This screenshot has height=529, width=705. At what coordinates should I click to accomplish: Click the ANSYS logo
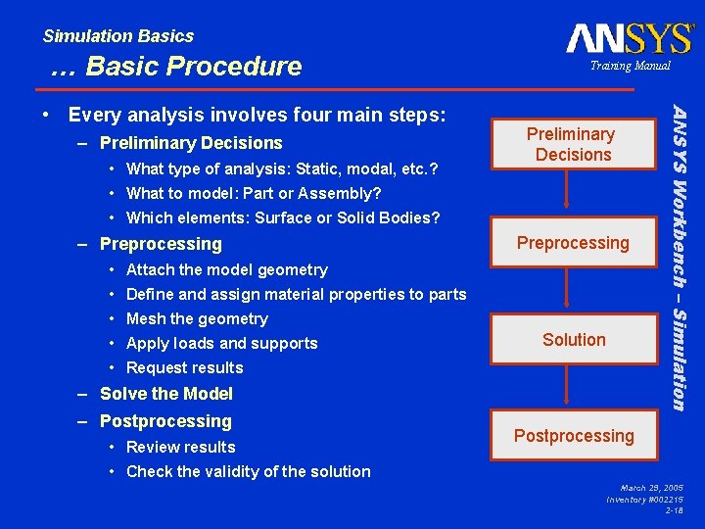pos(629,38)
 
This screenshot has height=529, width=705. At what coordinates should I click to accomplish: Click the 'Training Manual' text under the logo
pos(630,66)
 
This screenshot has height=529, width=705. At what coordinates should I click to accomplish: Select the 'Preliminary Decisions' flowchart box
pos(573,144)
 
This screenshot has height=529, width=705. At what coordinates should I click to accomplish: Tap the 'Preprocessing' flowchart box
pos(573,242)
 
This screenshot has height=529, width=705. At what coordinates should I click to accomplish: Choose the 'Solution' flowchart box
pos(573,340)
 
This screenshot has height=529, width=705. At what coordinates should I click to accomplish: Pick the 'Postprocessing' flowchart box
pos(573,436)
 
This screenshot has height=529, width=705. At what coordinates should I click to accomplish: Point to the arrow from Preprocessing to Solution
pos(565,292)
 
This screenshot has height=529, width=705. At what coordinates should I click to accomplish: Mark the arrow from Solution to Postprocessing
pos(565,387)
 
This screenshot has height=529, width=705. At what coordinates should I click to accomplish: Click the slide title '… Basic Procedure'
pos(176,67)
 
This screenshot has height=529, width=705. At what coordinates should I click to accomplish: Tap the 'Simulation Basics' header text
pos(118,36)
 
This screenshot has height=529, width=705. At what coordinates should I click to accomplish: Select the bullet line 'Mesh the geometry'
pos(197,318)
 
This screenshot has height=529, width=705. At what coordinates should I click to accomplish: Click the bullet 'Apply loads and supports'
pos(222,343)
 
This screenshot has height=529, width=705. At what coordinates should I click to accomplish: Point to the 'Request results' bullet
pos(185,367)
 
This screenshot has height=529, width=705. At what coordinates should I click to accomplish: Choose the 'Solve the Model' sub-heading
pos(166,394)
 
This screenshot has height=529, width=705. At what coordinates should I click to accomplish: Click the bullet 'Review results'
pos(181,447)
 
